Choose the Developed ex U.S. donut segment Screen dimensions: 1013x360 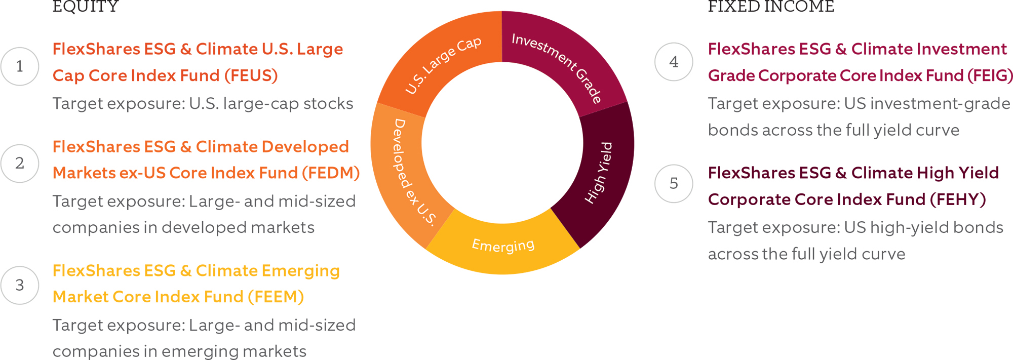point(405,172)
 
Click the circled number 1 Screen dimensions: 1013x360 point(20,66)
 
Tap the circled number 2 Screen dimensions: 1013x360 point(20,163)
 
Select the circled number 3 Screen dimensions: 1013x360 point(20,285)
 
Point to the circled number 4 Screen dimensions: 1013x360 point(674,62)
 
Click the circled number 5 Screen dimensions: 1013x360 point(674,183)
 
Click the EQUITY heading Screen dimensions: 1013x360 point(86,7)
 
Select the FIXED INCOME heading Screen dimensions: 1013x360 point(771,7)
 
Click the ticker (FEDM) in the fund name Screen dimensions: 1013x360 point(331,173)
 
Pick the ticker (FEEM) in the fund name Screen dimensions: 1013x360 point(276,297)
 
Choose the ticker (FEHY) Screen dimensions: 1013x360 point(958,199)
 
